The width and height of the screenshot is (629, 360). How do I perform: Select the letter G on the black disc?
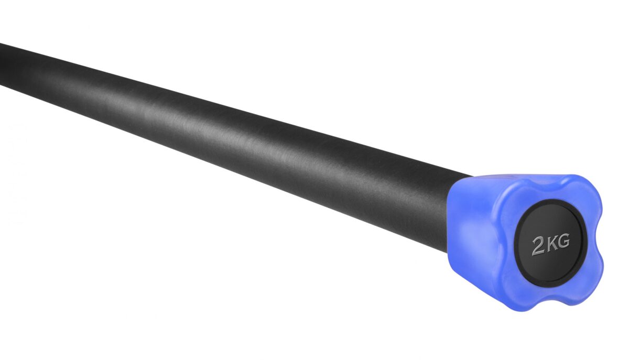(563, 241)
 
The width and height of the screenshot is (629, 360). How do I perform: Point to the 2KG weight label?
(551, 245)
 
